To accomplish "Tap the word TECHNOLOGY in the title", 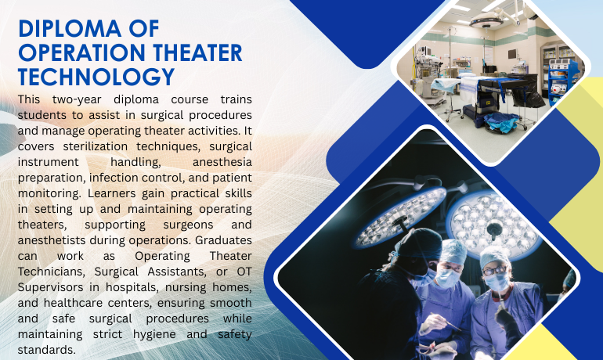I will click(96, 76).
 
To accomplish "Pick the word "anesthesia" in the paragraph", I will click(223, 160).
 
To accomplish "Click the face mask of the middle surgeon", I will click(449, 275).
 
